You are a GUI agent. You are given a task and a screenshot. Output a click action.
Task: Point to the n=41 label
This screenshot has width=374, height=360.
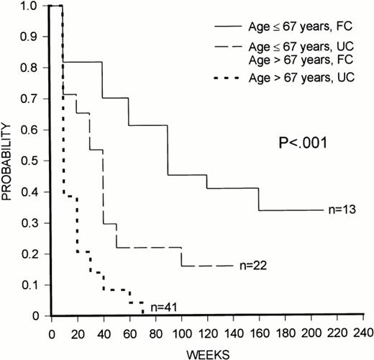pos(166,306)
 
